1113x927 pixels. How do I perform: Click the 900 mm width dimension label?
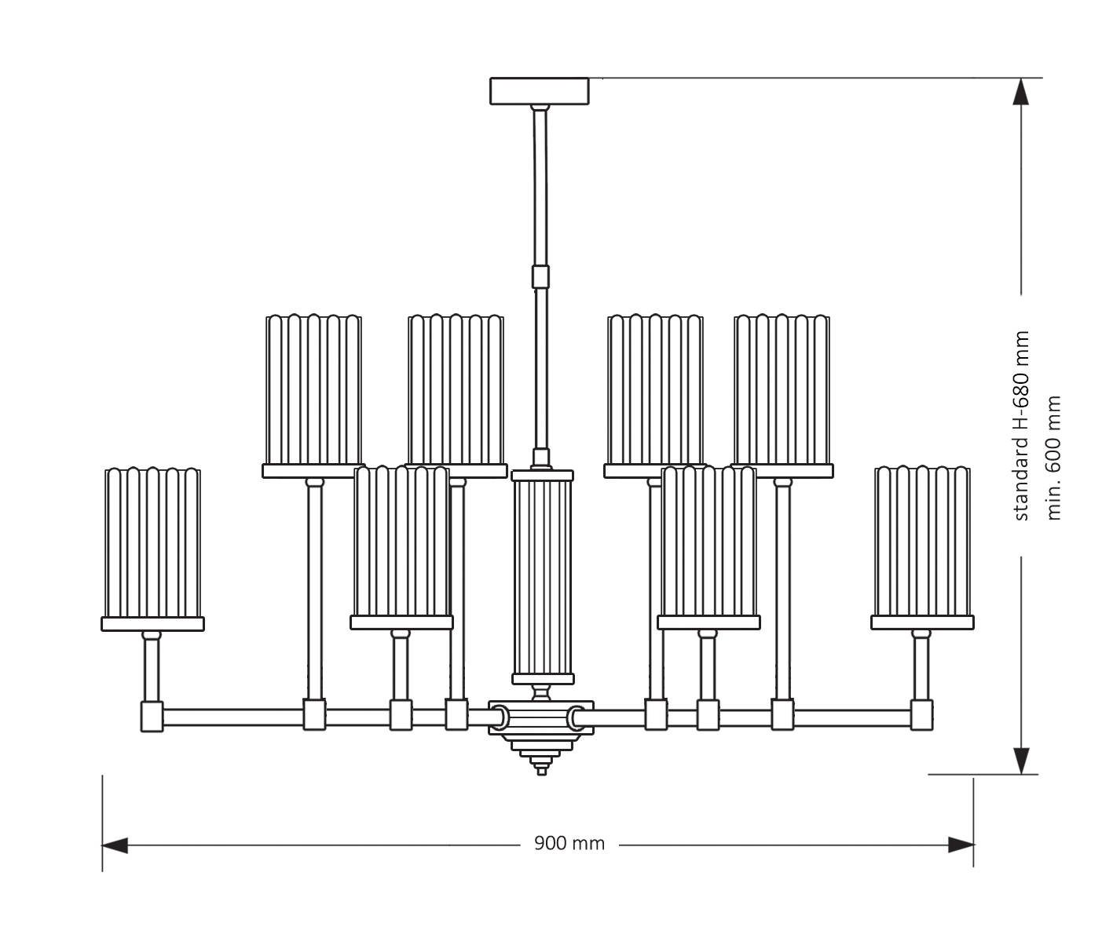point(569,844)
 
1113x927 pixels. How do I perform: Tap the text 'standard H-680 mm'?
point(1020,425)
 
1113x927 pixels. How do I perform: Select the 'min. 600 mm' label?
point(1054,457)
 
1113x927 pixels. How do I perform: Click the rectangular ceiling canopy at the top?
point(539,90)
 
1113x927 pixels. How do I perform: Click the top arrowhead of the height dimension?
point(1020,92)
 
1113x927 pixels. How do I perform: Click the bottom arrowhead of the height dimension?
point(1020,760)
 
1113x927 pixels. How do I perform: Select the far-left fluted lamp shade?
point(152,543)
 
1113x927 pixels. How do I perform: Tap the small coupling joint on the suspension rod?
point(540,277)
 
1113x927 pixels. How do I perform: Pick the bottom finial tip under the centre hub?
point(541,770)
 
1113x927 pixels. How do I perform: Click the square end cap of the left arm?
point(151,717)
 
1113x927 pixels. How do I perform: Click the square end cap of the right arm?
point(923,716)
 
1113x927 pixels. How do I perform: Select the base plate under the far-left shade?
point(152,624)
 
